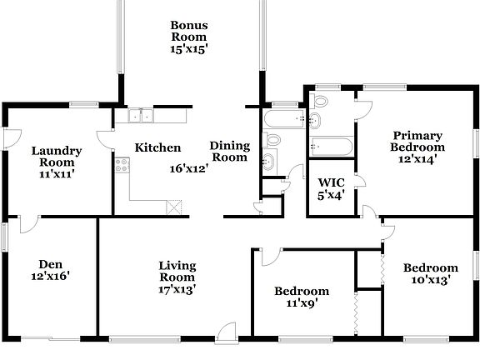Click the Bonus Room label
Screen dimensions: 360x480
click(x=189, y=37)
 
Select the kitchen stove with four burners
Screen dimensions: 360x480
click(x=122, y=166)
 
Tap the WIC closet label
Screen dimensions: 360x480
click(x=327, y=189)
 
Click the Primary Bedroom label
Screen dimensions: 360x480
click(x=417, y=146)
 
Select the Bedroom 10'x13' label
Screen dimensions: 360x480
click(x=431, y=274)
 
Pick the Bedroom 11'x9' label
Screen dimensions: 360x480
click(x=302, y=297)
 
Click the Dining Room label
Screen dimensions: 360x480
click(x=229, y=151)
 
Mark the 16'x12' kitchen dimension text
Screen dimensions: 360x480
click(x=188, y=167)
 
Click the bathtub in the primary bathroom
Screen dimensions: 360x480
click(x=331, y=147)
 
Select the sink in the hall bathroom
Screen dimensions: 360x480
click(x=270, y=161)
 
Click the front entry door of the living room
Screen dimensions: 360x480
click(x=225, y=333)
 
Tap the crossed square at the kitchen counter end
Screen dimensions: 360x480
click(x=174, y=207)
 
